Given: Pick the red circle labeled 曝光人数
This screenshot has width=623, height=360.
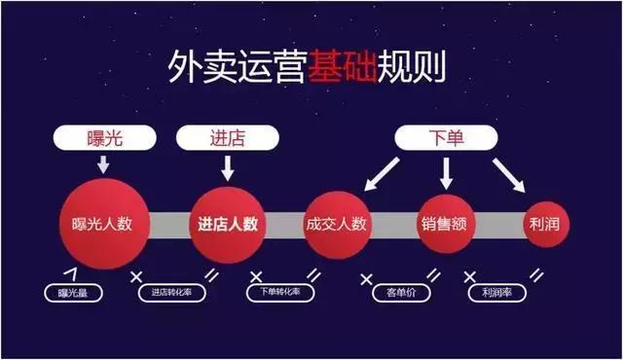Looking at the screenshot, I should click(102, 223).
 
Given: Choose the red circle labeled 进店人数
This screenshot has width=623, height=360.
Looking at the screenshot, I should click(227, 223).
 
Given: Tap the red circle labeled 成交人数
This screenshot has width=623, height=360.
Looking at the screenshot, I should click(335, 223).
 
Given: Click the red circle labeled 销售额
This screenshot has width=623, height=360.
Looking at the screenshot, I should click(447, 223).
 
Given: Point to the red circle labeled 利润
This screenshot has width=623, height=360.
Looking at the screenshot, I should click(546, 223).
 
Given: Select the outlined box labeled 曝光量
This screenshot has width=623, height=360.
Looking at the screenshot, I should click(73, 292).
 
